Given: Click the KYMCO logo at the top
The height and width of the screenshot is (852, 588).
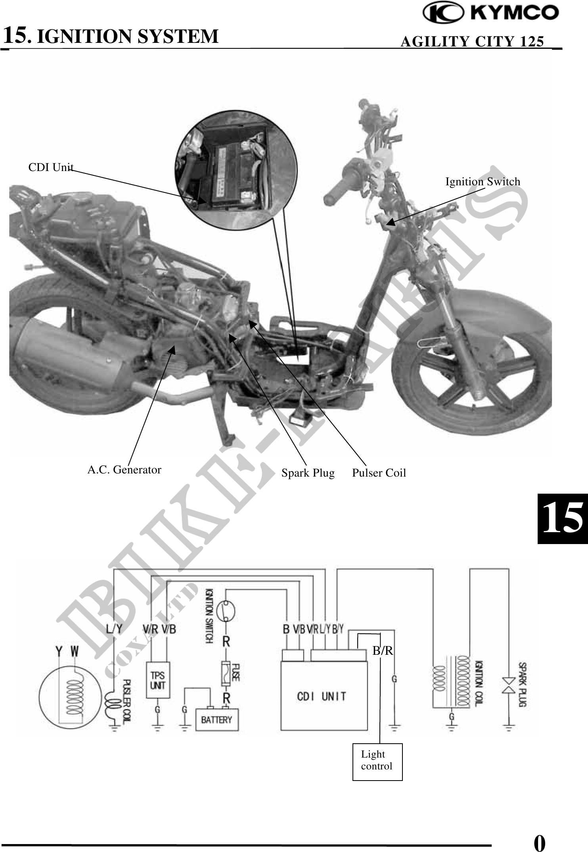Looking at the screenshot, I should point(491,13).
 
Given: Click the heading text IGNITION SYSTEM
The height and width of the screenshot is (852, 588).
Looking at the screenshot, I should point(127,37).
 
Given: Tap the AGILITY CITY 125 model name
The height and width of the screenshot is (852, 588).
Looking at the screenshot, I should point(472,42).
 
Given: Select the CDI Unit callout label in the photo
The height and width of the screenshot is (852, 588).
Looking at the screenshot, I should point(51,167).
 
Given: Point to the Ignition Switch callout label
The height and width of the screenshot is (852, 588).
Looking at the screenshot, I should point(483,182).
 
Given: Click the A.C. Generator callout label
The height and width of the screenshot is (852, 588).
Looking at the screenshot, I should point(124,470).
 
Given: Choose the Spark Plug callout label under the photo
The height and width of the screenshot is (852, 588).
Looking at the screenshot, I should point(308,473).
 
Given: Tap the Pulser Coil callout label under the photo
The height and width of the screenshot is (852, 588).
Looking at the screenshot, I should point(379,473).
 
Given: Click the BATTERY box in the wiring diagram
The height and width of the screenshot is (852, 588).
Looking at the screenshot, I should point(217,719).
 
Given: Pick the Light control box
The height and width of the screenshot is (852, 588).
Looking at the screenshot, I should point(377,762).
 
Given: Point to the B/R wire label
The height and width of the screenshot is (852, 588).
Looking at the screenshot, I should point(383,650).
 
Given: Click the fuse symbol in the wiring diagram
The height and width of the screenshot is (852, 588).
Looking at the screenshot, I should point(226,673).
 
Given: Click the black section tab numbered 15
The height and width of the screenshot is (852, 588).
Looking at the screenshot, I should point(562,518).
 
